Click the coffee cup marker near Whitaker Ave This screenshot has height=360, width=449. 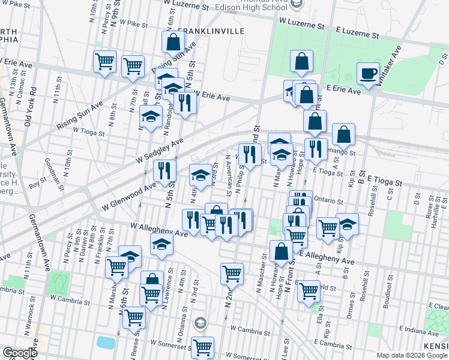click(x=368, y=74)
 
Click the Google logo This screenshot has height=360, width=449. click(x=20, y=353)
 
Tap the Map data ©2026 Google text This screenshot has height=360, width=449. click(x=412, y=355)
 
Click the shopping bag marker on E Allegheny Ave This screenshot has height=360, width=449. click(x=281, y=252)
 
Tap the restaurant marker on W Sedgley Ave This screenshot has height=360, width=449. click(x=164, y=171)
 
